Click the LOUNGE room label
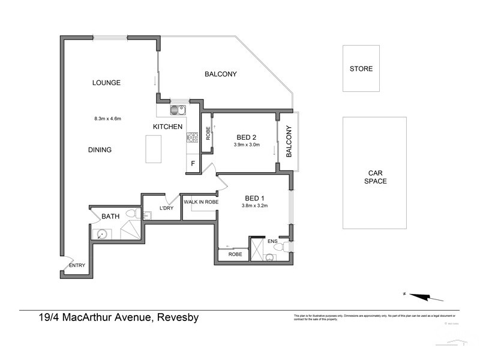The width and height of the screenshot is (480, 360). [x=107, y=83]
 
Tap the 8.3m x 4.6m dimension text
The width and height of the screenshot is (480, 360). [x=108, y=118]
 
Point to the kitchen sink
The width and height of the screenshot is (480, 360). [x=177, y=110]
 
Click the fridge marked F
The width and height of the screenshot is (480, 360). [x=193, y=163]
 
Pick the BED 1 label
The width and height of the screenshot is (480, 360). [x=255, y=198]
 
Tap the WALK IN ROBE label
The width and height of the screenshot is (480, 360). [x=201, y=203]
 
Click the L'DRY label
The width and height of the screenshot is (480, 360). [x=166, y=208]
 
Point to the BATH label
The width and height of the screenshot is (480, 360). [x=110, y=216]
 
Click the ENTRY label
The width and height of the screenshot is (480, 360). [x=77, y=266]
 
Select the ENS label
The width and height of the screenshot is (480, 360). [x=273, y=241]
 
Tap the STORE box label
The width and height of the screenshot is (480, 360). [x=361, y=69]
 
